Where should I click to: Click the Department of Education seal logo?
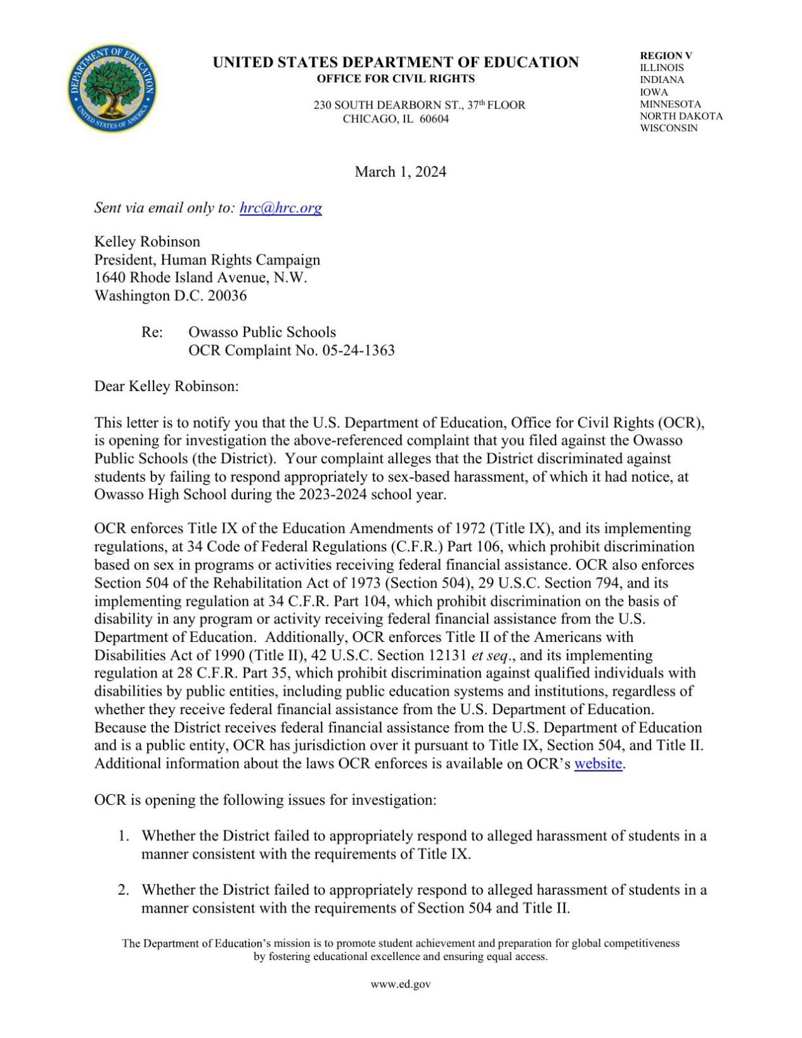[x=112, y=88]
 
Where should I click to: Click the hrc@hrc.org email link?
[x=280, y=208]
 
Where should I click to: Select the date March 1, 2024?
[x=400, y=172]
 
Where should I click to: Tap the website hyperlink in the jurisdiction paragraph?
[x=597, y=764]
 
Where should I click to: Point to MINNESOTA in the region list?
[x=670, y=104]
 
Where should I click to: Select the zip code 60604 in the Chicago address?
[x=434, y=119]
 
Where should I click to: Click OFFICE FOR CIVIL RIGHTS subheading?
[x=396, y=79]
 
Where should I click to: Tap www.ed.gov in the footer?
[x=401, y=984]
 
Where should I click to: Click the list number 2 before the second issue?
[x=123, y=890]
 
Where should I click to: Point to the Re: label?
[x=152, y=332]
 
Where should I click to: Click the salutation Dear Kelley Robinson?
[x=166, y=387]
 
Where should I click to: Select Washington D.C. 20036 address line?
[x=170, y=296]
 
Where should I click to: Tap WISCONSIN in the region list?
[x=668, y=128]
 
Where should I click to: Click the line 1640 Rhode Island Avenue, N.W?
[x=200, y=278]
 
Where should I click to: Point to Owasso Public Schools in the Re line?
[x=262, y=332]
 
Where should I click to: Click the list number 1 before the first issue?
[x=123, y=836]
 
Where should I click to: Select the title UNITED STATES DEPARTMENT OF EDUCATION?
[x=396, y=62]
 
